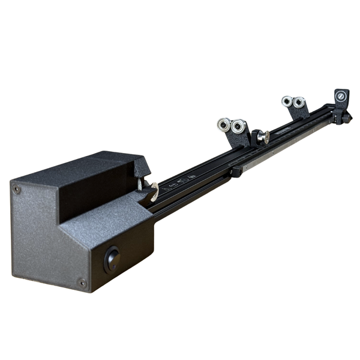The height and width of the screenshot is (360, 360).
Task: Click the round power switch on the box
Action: pos(112,259)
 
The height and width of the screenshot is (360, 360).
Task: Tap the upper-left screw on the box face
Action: pos(17,189)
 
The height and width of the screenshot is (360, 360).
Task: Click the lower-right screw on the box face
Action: pos(82,283)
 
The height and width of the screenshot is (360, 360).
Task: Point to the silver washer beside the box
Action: pos(152,191)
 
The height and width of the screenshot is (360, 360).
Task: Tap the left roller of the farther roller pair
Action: pos(287,101)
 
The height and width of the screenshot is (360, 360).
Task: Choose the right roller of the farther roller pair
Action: pos(298,103)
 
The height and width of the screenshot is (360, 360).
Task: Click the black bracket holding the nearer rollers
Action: pos(239,139)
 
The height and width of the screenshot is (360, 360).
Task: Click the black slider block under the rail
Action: pos(236,172)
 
